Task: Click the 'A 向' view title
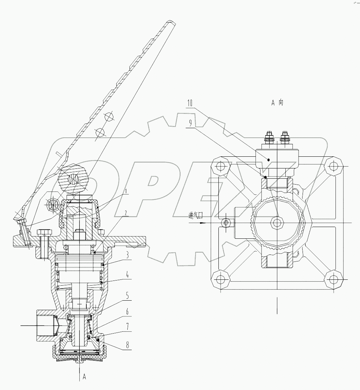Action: (x=277, y=103)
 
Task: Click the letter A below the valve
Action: (x=85, y=376)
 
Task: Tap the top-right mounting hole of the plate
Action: (x=333, y=166)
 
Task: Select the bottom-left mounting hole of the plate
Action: (x=220, y=280)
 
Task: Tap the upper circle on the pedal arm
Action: (x=109, y=117)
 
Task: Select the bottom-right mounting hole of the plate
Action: (x=333, y=280)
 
